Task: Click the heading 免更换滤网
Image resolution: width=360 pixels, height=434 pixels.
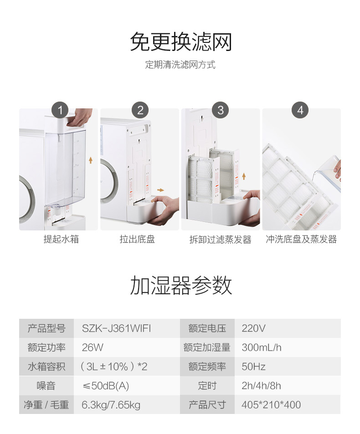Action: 181,42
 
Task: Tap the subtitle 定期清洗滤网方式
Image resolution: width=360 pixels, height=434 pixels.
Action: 180,65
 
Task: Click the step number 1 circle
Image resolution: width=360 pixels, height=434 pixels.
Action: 60,110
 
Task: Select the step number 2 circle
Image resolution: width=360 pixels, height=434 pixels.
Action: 140,110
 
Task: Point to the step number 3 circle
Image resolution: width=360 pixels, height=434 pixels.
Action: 221,110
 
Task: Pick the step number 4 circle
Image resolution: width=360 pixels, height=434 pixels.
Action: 300,110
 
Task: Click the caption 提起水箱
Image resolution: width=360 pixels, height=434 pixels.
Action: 61,239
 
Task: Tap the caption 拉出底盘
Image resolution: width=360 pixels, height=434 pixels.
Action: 137,239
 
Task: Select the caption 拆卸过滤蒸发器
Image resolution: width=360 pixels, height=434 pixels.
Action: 221,240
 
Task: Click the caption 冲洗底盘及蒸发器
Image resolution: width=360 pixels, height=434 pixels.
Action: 301,239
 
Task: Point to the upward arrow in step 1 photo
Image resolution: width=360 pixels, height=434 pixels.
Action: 90,160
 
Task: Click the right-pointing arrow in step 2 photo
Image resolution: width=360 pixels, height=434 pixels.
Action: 160,190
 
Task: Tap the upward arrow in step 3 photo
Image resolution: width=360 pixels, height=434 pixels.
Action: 244,176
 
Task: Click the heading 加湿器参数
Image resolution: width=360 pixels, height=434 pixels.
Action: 181,286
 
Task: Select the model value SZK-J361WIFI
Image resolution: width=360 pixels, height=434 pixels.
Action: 116,328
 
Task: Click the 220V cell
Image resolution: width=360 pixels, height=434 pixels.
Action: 253,328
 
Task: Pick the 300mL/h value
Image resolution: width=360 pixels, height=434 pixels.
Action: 262,347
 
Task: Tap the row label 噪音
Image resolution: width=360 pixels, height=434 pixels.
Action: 46,386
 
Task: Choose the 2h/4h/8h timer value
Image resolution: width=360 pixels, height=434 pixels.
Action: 261,386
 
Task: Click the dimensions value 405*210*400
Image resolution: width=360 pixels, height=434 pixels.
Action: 271,405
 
